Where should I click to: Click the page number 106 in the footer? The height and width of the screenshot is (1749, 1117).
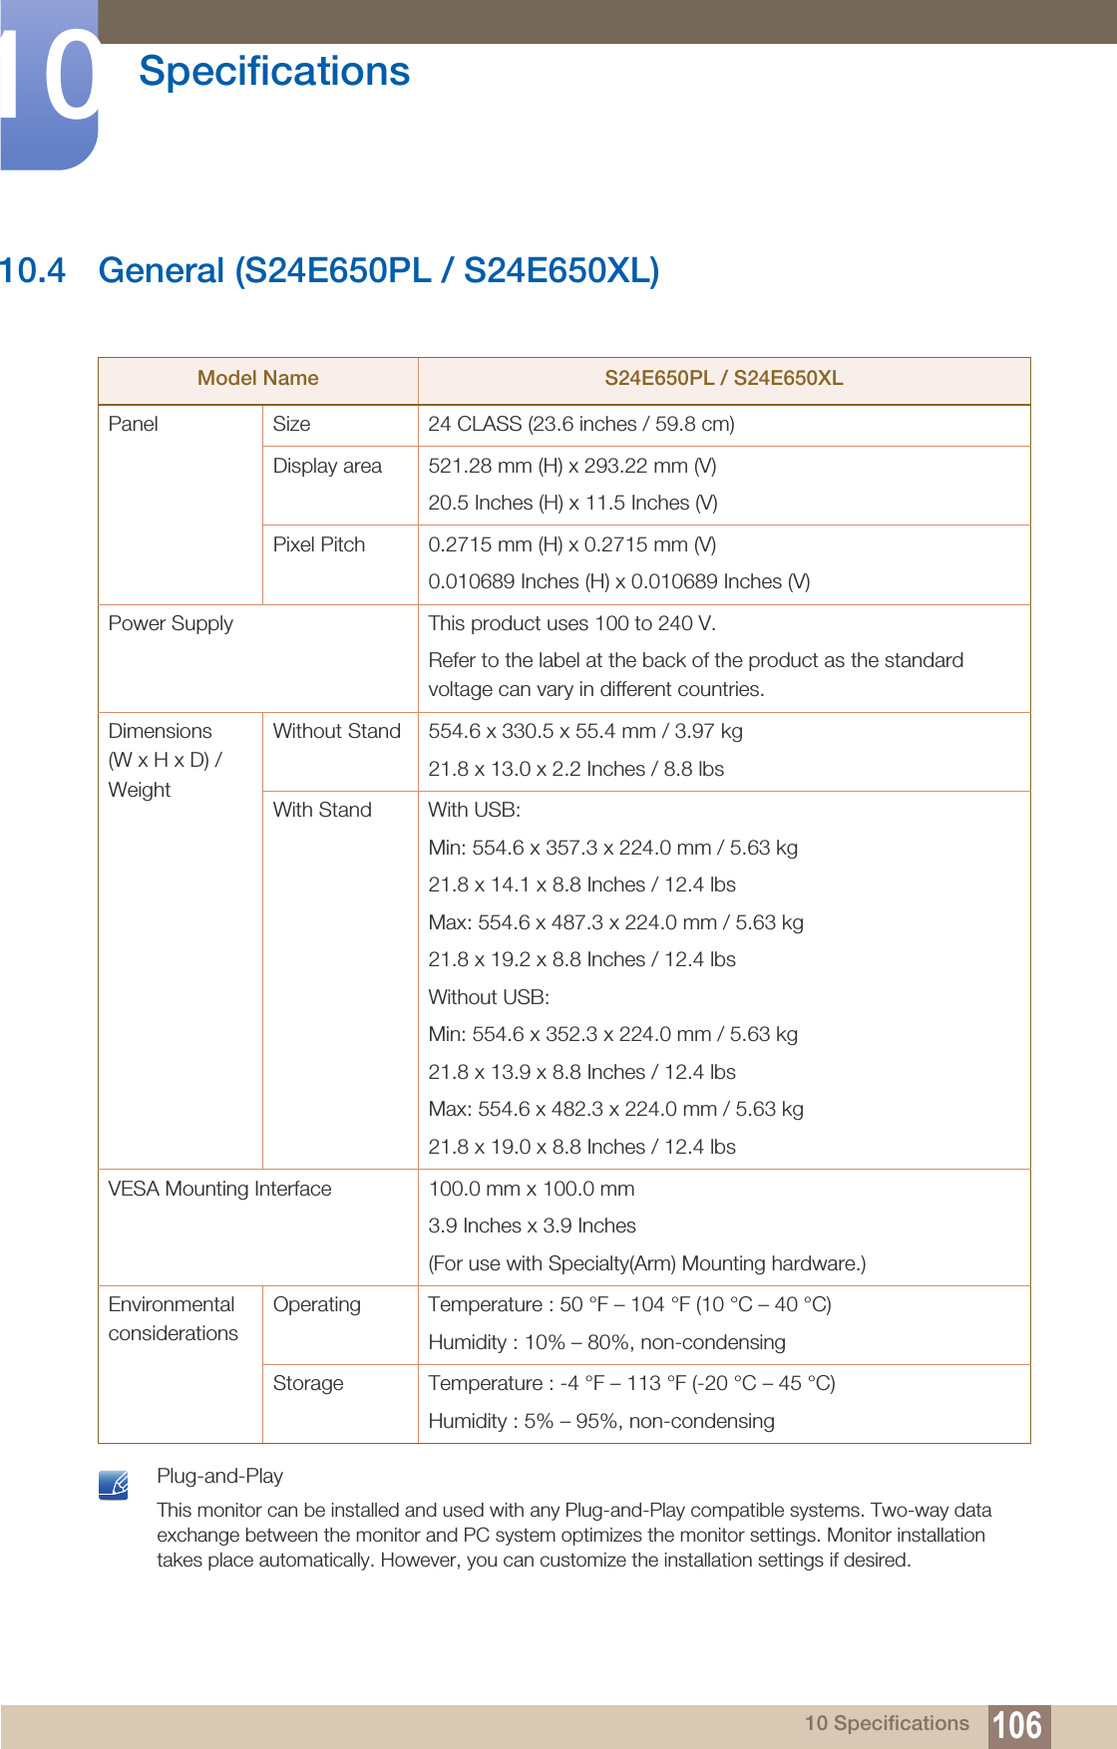(x=1017, y=1724)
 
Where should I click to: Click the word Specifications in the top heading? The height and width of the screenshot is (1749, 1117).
(x=274, y=72)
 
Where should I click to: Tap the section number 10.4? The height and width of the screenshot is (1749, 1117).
(x=33, y=271)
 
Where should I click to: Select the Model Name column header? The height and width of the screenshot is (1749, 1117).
(x=257, y=379)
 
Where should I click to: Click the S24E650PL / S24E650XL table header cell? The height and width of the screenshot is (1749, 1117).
(x=723, y=379)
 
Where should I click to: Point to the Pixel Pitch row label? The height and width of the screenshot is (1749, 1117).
(x=319, y=544)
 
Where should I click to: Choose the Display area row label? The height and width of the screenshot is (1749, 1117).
(x=327, y=466)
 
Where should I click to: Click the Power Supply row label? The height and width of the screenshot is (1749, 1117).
(x=171, y=624)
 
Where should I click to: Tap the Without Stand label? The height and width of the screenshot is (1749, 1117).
(x=336, y=731)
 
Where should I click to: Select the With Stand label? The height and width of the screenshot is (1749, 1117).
(x=322, y=810)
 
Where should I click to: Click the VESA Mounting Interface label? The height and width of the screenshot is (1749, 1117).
(x=219, y=1189)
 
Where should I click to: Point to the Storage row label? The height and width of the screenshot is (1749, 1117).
(x=308, y=1383)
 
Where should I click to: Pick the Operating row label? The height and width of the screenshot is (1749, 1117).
(x=316, y=1304)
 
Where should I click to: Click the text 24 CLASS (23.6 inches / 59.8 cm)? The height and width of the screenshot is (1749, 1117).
(x=580, y=424)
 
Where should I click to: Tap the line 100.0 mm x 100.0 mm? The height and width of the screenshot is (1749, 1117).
(x=531, y=1189)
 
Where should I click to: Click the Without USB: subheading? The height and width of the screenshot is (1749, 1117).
(x=489, y=997)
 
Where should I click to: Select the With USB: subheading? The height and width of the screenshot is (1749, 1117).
(x=474, y=810)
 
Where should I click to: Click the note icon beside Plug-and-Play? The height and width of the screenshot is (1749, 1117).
(x=114, y=1485)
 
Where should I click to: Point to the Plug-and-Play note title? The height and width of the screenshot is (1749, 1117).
(x=219, y=1476)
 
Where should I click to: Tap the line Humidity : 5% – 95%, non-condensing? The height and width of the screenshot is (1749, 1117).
(x=600, y=1421)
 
